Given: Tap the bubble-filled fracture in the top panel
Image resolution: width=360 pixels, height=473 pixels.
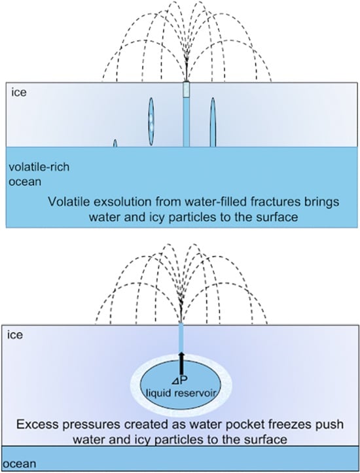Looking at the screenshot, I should (x=151, y=122).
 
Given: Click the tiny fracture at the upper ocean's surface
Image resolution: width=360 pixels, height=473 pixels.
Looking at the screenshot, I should (x=115, y=143).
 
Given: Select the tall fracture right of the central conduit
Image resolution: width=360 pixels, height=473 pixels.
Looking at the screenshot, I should (x=213, y=122).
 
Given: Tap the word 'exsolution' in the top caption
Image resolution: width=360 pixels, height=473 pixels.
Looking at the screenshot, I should (x=119, y=202).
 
